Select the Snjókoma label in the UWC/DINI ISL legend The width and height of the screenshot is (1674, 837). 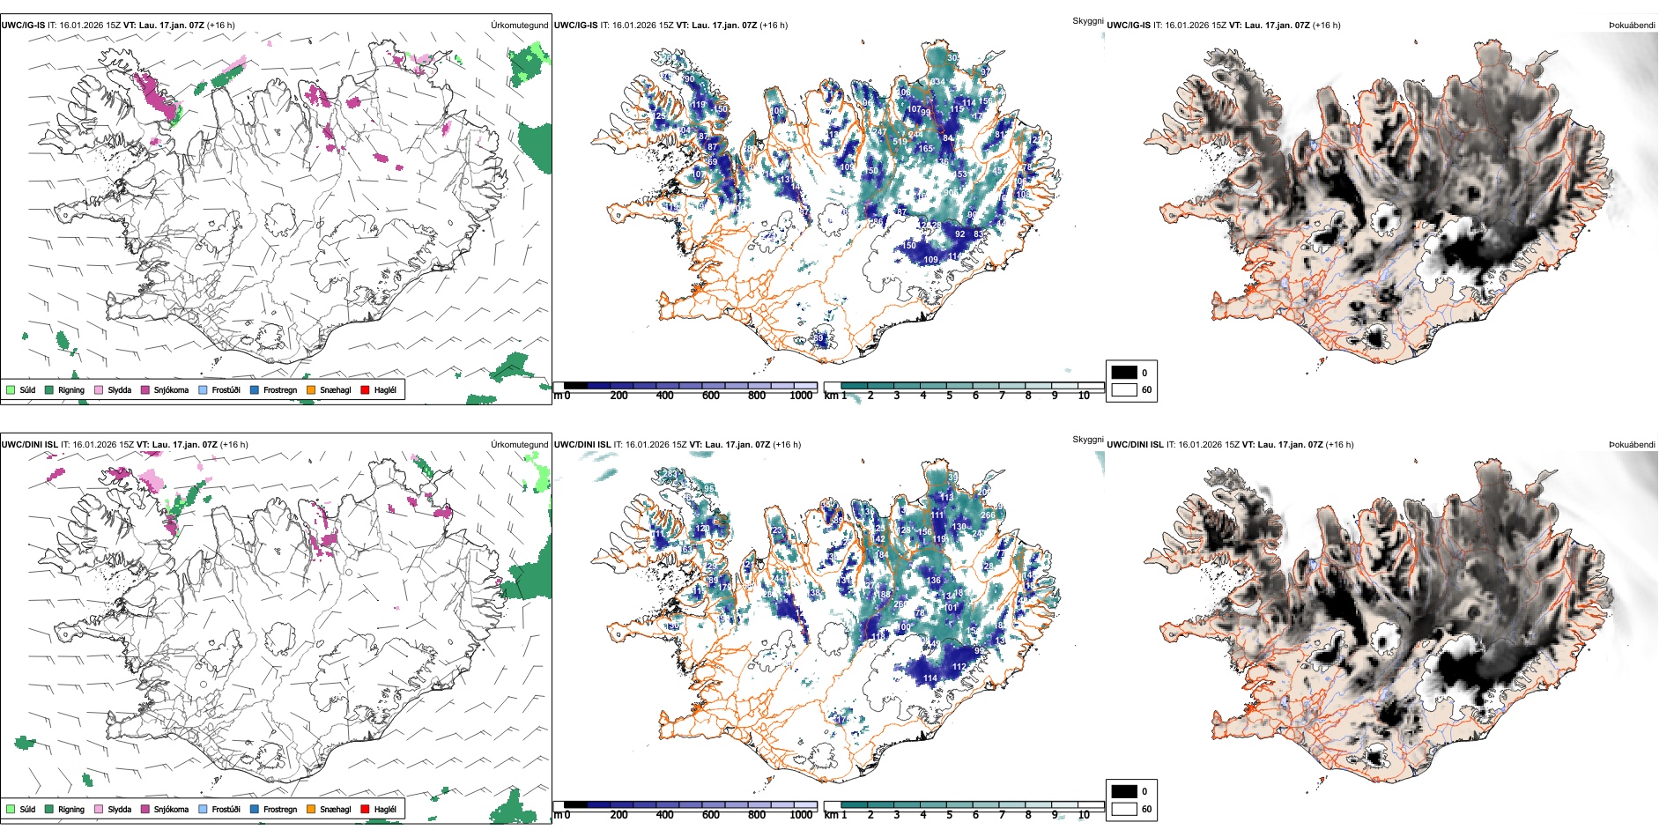(x=171, y=809)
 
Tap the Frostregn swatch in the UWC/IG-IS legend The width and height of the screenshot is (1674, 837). (x=255, y=389)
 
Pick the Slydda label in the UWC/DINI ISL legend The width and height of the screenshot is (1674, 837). (x=119, y=809)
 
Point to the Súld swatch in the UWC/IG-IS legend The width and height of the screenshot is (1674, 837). (x=11, y=389)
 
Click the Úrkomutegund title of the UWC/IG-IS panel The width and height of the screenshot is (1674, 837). (x=519, y=26)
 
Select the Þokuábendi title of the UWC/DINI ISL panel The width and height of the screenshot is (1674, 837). (x=1632, y=445)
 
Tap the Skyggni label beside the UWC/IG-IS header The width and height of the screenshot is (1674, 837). (x=1088, y=20)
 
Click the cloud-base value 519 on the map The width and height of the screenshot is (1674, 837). (x=900, y=141)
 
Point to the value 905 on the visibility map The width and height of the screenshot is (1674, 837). (x=952, y=192)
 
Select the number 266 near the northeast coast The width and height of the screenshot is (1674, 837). (x=988, y=515)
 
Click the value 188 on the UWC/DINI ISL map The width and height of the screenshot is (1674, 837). (x=884, y=595)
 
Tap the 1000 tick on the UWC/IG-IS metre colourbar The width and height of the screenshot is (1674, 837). (x=801, y=396)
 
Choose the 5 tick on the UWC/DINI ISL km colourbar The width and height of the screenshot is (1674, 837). (x=950, y=815)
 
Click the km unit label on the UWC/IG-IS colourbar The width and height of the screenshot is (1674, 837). (x=831, y=396)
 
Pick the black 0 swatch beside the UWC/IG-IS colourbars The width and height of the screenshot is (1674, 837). (x=1124, y=372)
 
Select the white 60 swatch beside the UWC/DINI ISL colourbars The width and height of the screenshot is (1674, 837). (x=1124, y=809)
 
